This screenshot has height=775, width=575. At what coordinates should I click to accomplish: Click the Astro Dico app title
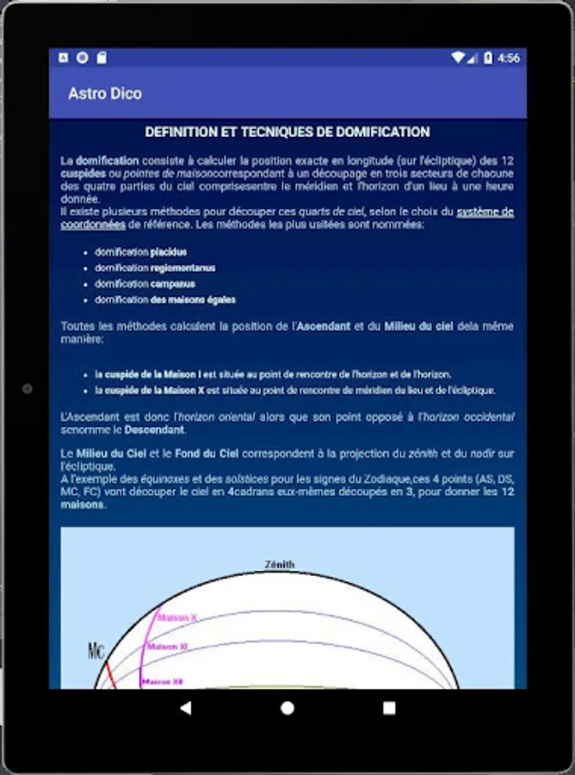pyautogui.click(x=105, y=93)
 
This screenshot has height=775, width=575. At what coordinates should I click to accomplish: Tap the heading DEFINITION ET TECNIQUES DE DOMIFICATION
pyautogui.click(x=287, y=132)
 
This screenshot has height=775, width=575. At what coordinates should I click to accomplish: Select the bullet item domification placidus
pyautogui.click(x=140, y=252)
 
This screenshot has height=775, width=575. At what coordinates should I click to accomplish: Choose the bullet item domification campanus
pyautogui.click(x=145, y=283)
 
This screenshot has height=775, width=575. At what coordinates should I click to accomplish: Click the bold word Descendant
pyautogui.click(x=154, y=429)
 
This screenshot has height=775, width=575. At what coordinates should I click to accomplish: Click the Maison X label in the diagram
pyautogui.click(x=178, y=617)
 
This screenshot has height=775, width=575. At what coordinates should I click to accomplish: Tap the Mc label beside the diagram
pyautogui.click(x=96, y=650)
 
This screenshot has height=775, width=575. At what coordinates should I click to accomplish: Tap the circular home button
pyautogui.click(x=287, y=708)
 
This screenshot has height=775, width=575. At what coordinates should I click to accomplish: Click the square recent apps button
pyautogui.click(x=389, y=708)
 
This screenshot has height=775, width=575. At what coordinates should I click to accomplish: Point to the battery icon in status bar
pyautogui.click(x=488, y=58)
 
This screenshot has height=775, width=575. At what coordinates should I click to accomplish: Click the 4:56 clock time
pyautogui.click(x=509, y=58)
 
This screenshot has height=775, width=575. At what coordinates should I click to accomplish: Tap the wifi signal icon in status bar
pyautogui.click(x=458, y=58)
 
